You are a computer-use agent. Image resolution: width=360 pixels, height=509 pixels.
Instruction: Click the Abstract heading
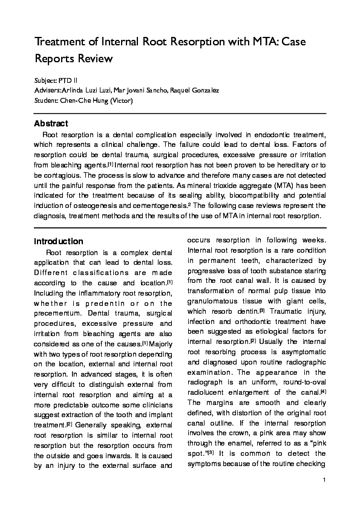[x=51, y=124]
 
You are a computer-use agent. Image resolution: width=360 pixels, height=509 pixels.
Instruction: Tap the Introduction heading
[x=59, y=241]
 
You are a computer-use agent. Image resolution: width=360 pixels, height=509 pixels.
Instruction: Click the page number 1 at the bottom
[x=324, y=497]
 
